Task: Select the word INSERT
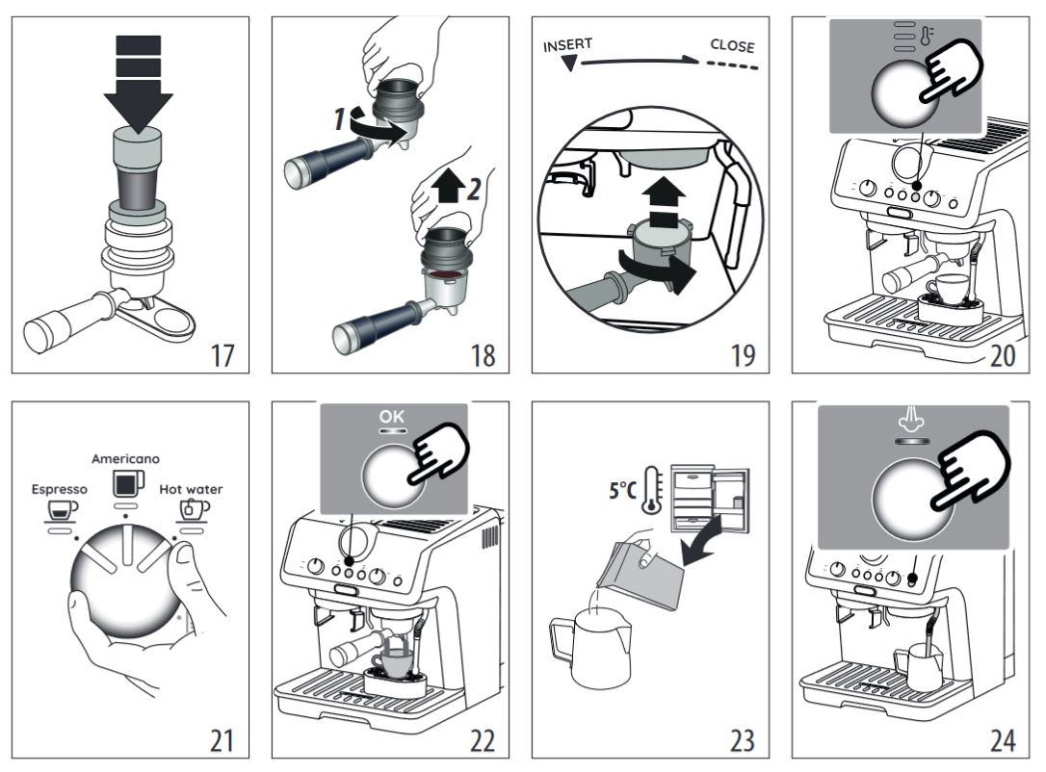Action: pyautogui.click(x=567, y=46)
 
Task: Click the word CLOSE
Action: pyautogui.click(x=732, y=45)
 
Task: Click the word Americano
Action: pyautogui.click(x=125, y=459)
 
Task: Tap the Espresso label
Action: pyautogui.click(x=59, y=489)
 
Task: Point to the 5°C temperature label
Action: pyautogui.click(x=624, y=490)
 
